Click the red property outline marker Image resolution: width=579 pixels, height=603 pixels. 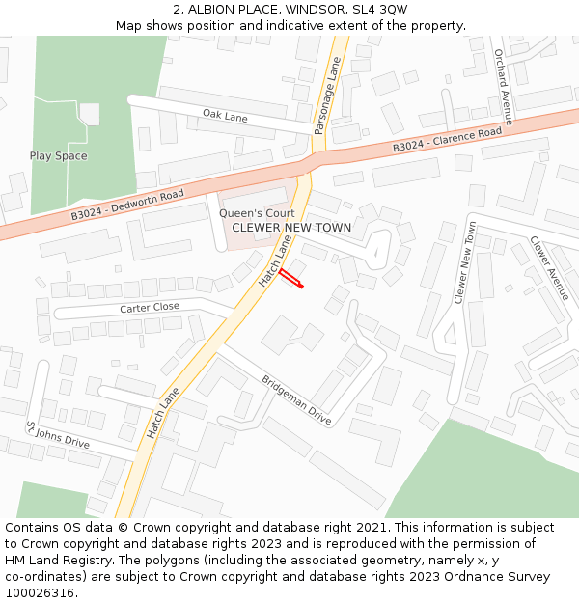click(x=291, y=279)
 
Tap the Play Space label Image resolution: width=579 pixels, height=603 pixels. click(x=58, y=156)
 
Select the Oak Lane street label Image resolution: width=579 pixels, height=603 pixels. click(x=225, y=116)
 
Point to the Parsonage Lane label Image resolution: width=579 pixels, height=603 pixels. click(x=327, y=96)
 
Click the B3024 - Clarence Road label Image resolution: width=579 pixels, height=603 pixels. click(x=447, y=139)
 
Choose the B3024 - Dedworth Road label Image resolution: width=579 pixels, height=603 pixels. click(x=127, y=206)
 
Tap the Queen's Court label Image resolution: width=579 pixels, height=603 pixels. click(x=257, y=213)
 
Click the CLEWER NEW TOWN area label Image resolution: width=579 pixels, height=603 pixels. click(x=291, y=228)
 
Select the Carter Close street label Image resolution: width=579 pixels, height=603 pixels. click(x=150, y=307)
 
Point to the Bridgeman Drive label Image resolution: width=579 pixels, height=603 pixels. click(x=296, y=400)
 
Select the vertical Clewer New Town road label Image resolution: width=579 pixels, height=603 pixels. click(x=465, y=263)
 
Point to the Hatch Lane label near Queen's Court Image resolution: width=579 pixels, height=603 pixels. click(x=274, y=261)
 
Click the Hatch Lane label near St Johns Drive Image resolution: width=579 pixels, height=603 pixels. click(x=164, y=413)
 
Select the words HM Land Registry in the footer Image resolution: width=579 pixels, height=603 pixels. click(x=58, y=560)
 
